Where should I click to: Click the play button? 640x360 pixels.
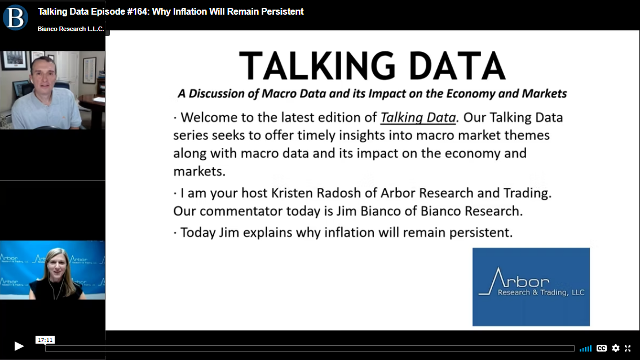click(x=19, y=346)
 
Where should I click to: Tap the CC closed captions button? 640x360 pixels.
click(x=601, y=348)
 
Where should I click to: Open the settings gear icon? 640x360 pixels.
click(x=616, y=348)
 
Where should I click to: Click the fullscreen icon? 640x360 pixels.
click(x=628, y=348)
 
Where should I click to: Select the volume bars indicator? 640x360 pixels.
click(x=585, y=349)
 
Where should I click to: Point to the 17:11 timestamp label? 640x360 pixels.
click(x=45, y=340)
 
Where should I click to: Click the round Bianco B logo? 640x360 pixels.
click(x=15, y=17)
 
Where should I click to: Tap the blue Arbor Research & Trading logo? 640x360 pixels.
click(x=531, y=287)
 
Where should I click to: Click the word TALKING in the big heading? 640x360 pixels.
click(x=317, y=66)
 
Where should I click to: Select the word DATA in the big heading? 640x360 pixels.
click(x=457, y=66)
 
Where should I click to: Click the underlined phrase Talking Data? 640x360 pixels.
click(x=418, y=118)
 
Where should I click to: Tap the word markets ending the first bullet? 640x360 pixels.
click(x=199, y=171)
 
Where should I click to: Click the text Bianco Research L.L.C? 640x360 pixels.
click(x=70, y=29)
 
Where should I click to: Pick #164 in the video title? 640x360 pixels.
click(x=138, y=11)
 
